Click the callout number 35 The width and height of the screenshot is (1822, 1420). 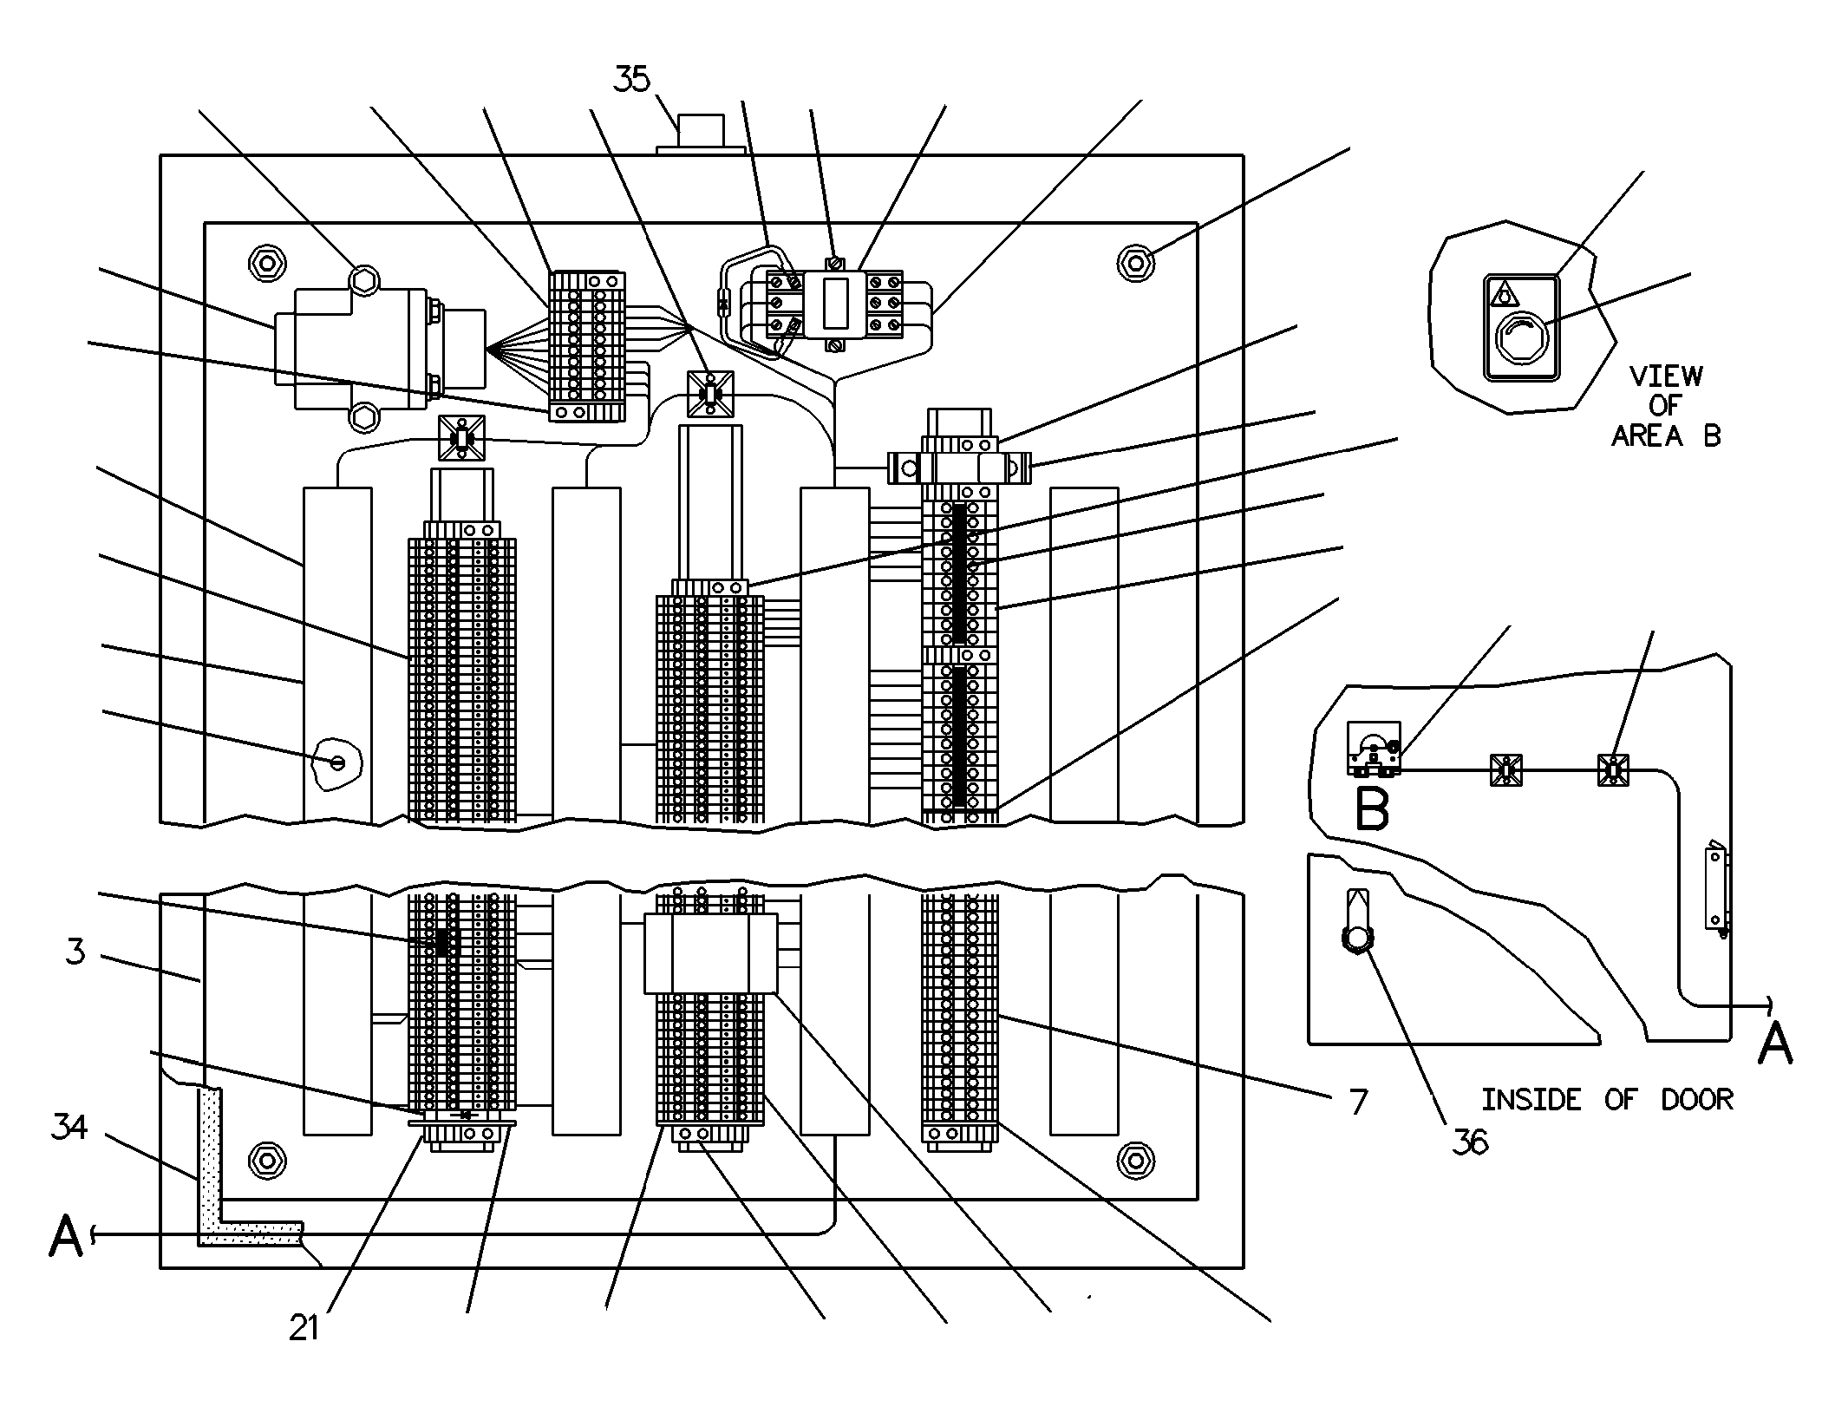pos(631,79)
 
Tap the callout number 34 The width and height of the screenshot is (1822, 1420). pos(69,1128)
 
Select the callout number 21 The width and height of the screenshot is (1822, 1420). pos(304,1327)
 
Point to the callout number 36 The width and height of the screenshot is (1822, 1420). pos(1471,1142)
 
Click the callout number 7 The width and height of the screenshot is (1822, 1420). pos(1359,1102)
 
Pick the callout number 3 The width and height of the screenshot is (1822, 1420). pos(75,952)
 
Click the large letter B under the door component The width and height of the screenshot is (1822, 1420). pos(1371,808)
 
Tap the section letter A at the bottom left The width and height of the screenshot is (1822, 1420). pos(66,1235)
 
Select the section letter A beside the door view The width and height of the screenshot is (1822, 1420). pos(1774,1042)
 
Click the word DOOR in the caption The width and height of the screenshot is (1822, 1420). pos(1696,1100)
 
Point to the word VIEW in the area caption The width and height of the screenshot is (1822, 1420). pos(1665,376)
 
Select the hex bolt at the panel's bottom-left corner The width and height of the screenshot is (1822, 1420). pos(267,1160)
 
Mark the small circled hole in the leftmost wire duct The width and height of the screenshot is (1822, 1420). pos(338,762)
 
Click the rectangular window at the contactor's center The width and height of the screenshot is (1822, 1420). pos(834,303)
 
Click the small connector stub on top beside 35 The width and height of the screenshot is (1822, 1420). pos(701,132)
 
